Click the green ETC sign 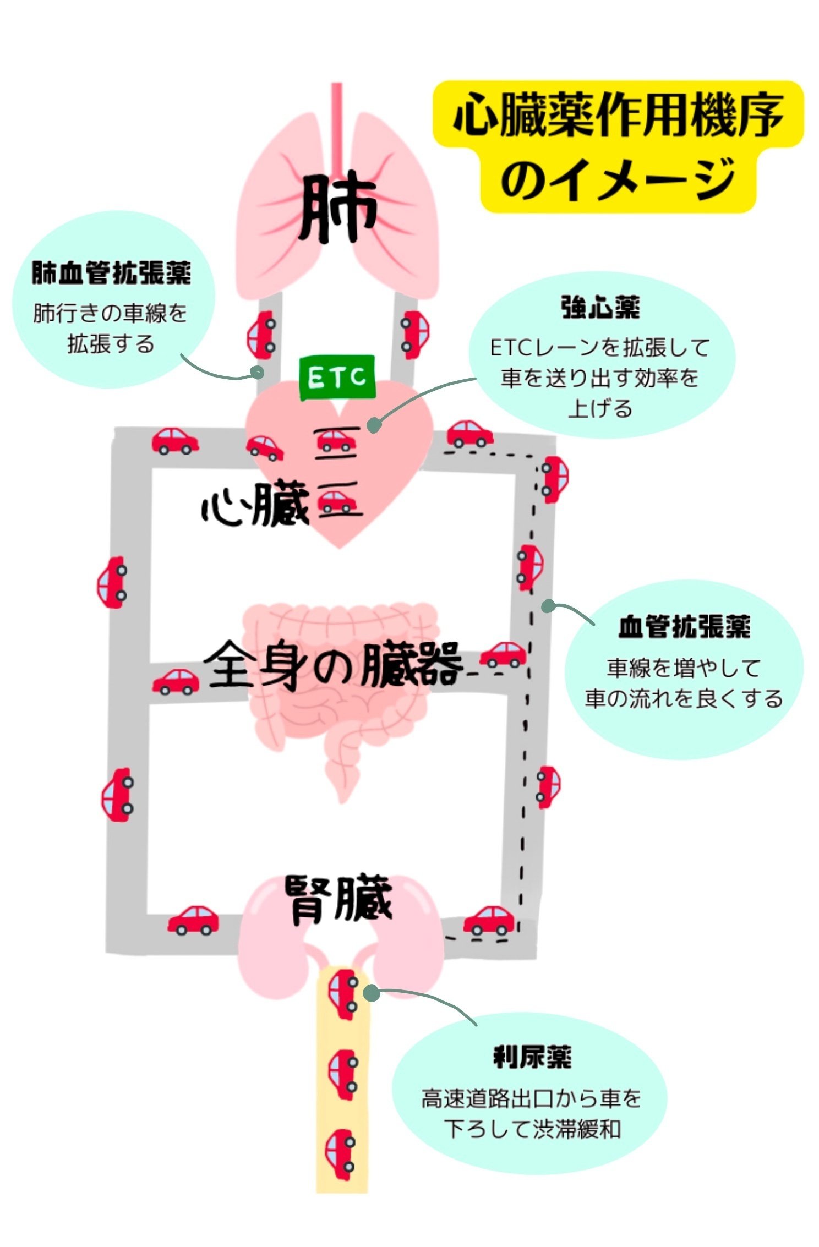point(337,378)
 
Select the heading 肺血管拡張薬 point(112,273)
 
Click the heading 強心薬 point(600,308)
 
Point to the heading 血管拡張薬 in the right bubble point(684,627)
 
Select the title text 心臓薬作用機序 point(618,114)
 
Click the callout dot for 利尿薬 point(372,993)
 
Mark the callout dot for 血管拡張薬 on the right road point(548,606)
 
